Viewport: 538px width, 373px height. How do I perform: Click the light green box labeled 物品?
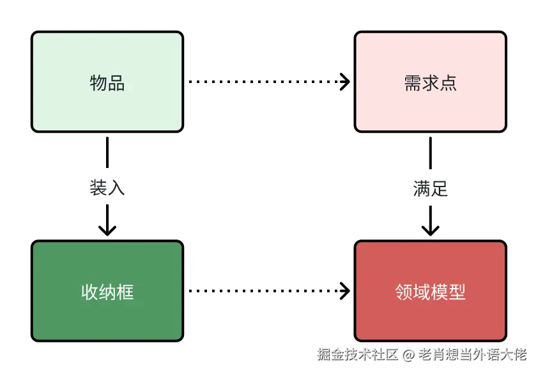pos(107,82)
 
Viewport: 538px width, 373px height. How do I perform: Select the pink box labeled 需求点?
pos(430,82)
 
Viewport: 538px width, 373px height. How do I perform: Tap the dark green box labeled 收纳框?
pos(107,291)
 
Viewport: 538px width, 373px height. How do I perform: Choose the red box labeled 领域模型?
pos(430,291)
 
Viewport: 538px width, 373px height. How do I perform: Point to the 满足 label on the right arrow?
pos(430,188)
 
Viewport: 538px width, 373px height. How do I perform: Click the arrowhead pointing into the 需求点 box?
pos(345,82)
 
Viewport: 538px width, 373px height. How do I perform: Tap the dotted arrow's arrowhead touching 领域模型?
pos(345,291)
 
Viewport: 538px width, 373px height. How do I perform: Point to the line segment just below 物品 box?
pos(107,153)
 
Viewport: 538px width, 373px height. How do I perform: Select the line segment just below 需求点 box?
pos(430,153)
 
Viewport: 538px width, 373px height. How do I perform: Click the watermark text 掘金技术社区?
pos(358,354)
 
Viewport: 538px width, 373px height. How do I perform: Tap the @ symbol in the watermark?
pos(408,354)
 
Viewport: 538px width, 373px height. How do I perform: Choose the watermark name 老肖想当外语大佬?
pos(473,354)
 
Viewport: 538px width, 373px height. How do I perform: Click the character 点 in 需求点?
pos(449,83)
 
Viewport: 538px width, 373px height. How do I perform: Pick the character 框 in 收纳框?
pos(126,292)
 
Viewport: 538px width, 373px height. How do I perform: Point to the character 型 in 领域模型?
pos(457,292)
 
